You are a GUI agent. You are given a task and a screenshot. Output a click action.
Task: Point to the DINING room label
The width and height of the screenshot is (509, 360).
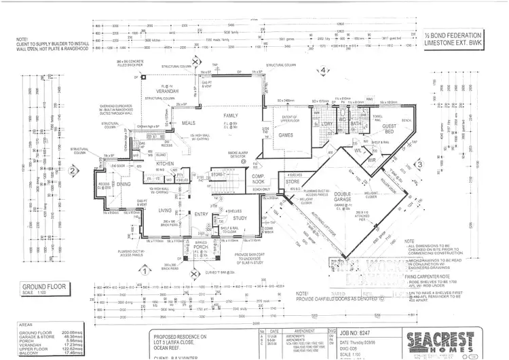tap(123, 183)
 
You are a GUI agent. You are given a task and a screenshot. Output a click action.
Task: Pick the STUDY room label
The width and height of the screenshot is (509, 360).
tap(240, 217)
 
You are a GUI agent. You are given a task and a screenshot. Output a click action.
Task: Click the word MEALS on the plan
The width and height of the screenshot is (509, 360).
tap(188, 123)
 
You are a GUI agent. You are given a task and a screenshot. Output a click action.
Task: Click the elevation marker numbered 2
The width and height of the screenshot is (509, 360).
tap(71, 172)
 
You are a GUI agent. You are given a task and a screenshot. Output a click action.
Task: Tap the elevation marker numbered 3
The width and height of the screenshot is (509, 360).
tap(419, 164)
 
